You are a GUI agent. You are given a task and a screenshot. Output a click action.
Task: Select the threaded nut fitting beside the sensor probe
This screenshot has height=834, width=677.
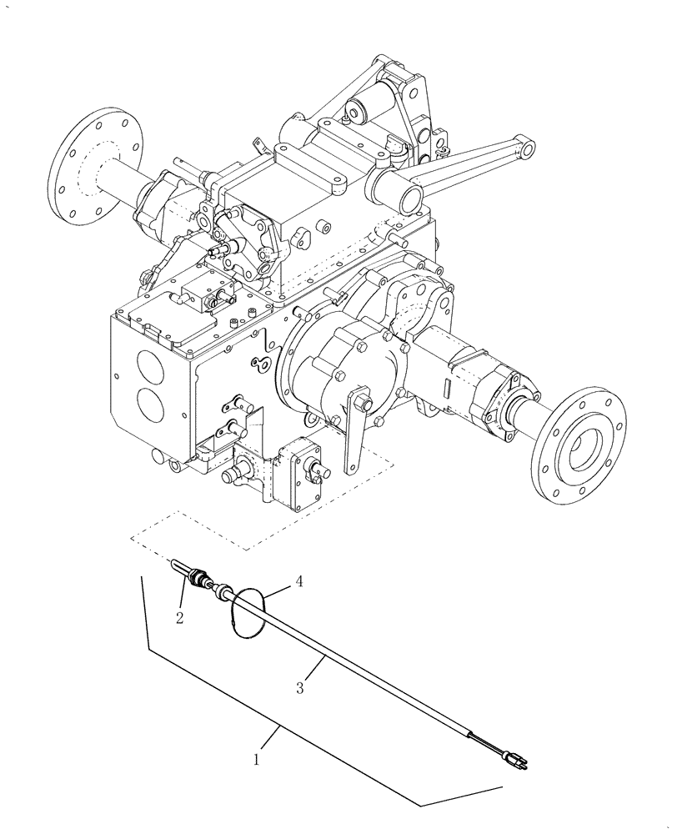[199, 577]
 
